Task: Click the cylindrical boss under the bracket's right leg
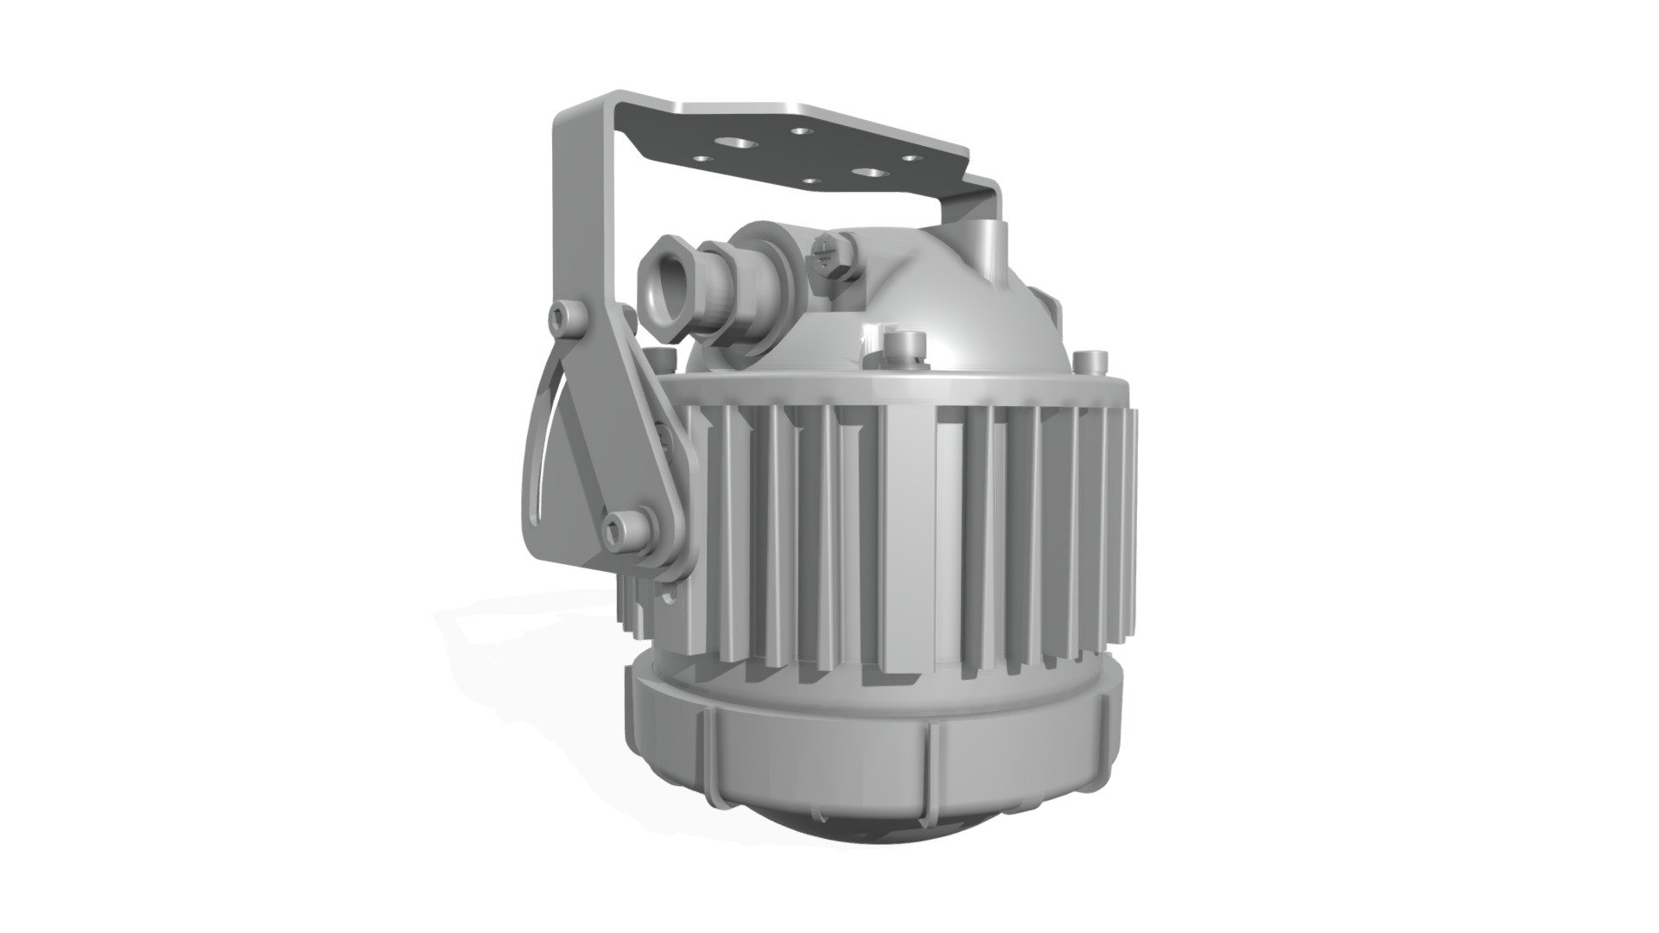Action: pos(988,235)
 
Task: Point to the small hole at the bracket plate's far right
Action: pos(910,158)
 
